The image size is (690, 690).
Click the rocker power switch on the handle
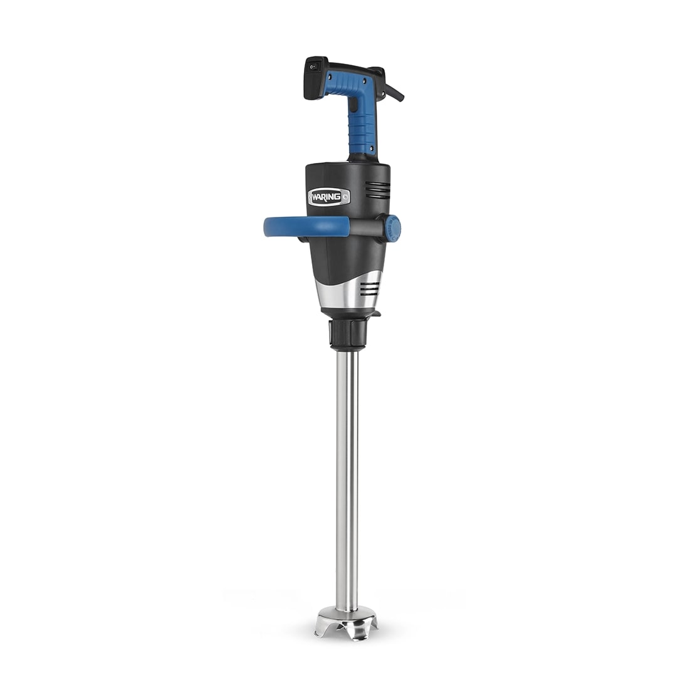tap(312, 67)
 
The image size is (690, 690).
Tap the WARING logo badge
tap(329, 197)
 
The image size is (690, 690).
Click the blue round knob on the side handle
tap(391, 229)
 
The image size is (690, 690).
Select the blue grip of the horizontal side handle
tap(306, 227)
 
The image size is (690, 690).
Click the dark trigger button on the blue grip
tap(353, 104)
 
